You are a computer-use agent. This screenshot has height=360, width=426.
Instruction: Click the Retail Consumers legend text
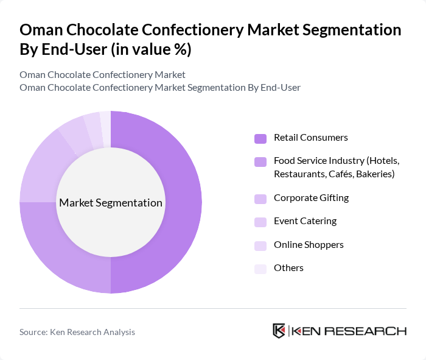coord(310,138)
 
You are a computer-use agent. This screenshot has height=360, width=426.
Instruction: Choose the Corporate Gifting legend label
coord(311,198)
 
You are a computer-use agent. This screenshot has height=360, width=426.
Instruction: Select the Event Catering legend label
coord(305,221)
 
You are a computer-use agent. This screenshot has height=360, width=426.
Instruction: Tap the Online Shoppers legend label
coord(309,245)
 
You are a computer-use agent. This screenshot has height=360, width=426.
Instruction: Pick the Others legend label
coord(288,268)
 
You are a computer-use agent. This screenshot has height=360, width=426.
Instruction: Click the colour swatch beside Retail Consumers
coord(260,138)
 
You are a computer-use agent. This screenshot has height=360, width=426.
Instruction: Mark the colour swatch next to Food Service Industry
coord(260,161)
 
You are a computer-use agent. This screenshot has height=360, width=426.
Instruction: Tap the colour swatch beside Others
coord(260,269)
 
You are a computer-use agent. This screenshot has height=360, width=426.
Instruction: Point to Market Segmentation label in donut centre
coord(111,203)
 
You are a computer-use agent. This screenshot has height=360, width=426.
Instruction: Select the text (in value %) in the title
coord(152,50)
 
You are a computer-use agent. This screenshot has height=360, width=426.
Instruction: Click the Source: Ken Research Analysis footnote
coord(77,332)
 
